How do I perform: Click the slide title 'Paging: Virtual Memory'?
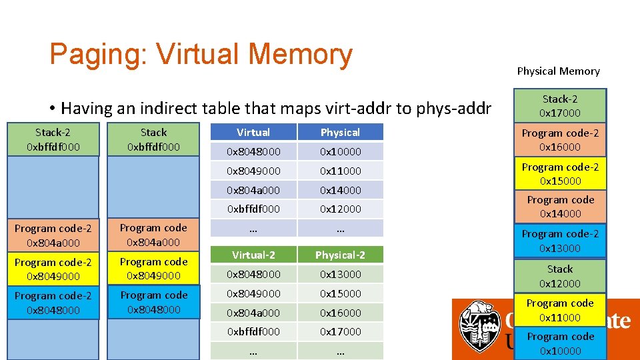(x=201, y=55)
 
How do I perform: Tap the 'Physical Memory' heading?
(x=558, y=71)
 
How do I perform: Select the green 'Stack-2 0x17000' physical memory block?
(x=559, y=106)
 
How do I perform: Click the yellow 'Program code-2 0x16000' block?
(x=559, y=140)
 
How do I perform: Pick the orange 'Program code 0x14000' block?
(x=559, y=207)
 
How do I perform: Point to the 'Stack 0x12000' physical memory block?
(x=559, y=276)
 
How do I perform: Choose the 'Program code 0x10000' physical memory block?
(x=559, y=343)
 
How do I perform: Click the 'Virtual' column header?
(x=253, y=132)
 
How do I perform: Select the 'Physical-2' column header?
(x=340, y=255)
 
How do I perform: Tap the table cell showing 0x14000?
(x=340, y=190)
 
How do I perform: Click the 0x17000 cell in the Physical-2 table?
(x=340, y=331)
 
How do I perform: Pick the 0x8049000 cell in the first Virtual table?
(x=253, y=171)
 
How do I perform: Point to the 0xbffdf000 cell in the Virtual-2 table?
(x=253, y=331)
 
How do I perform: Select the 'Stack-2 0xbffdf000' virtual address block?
(x=53, y=139)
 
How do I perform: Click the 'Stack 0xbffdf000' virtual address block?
(x=153, y=139)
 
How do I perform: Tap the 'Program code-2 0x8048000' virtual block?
(x=53, y=303)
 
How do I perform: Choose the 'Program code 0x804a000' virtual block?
(x=153, y=235)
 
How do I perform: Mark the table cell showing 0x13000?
(x=340, y=274)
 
